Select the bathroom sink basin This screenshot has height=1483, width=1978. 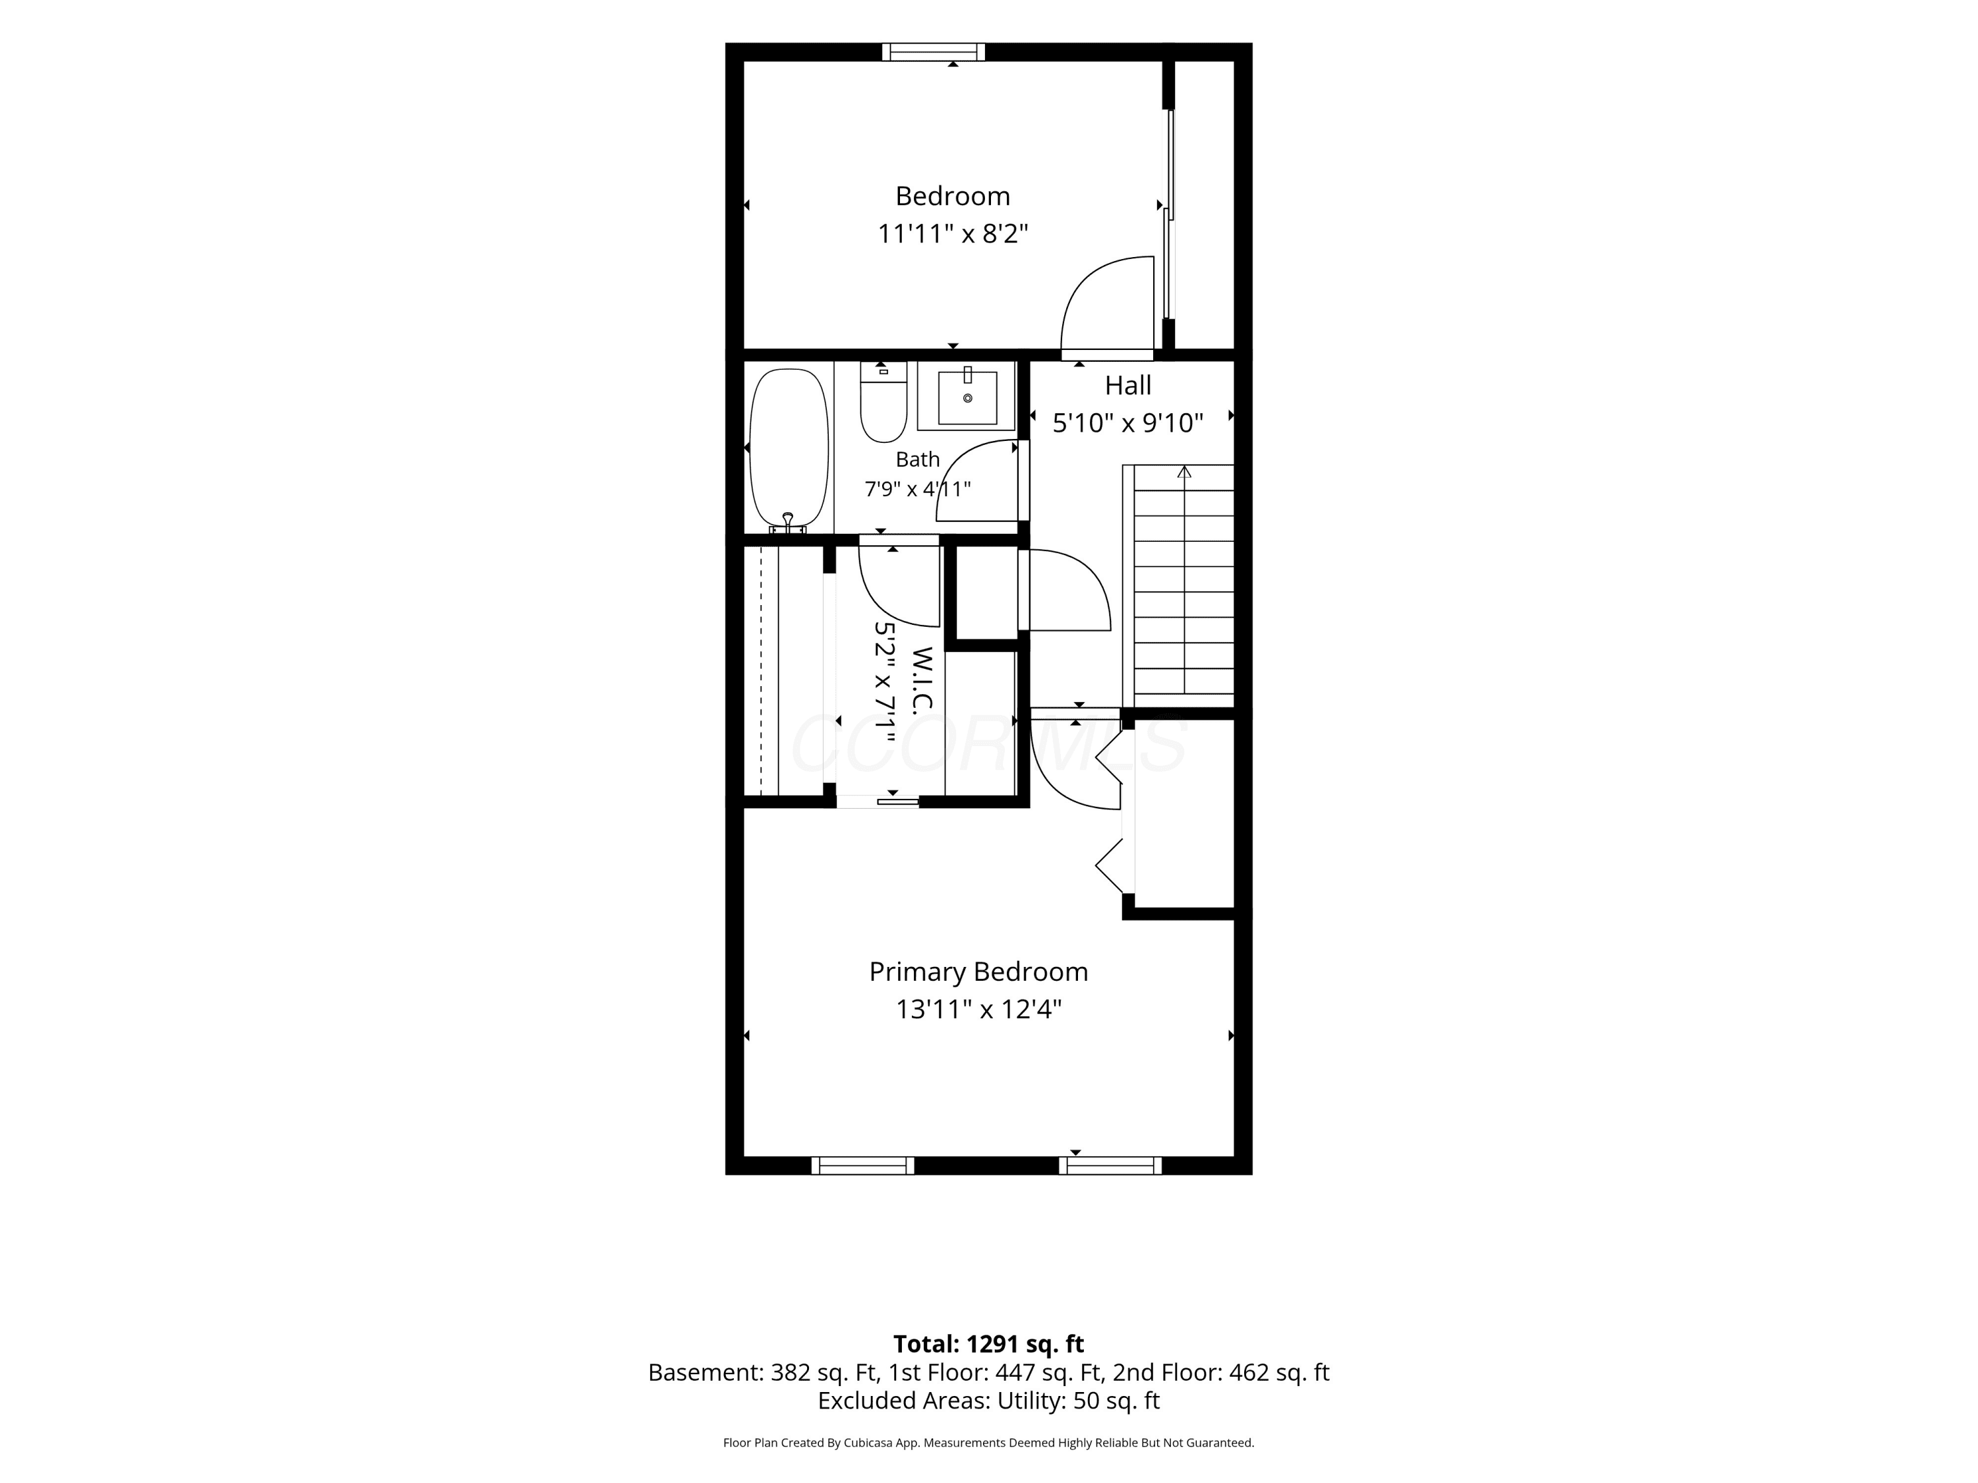click(967, 398)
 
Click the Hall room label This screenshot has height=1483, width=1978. click(1127, 386)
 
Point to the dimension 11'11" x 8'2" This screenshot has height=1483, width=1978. click(952, 234)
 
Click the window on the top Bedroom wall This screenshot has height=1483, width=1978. click(934, 52)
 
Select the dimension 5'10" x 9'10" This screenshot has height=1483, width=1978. click(1127, 423)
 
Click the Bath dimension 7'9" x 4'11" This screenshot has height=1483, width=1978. click(918, 489)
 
